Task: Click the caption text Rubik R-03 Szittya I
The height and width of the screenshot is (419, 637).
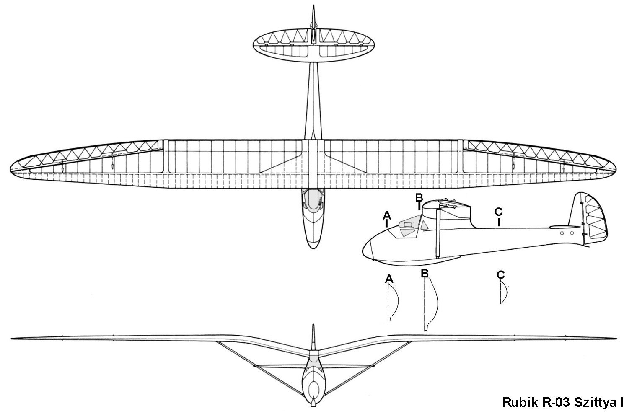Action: click(563, 402)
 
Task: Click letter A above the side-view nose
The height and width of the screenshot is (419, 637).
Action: click(387, 215)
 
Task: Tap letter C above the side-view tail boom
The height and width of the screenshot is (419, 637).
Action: click(498, 212)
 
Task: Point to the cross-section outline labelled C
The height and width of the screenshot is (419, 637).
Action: click(503, 292)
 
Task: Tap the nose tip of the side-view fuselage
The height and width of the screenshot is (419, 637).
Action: click(363, 251)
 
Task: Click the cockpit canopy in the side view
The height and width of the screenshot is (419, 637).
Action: click(409, 227)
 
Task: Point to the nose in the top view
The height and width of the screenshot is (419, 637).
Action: click(313, 246)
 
